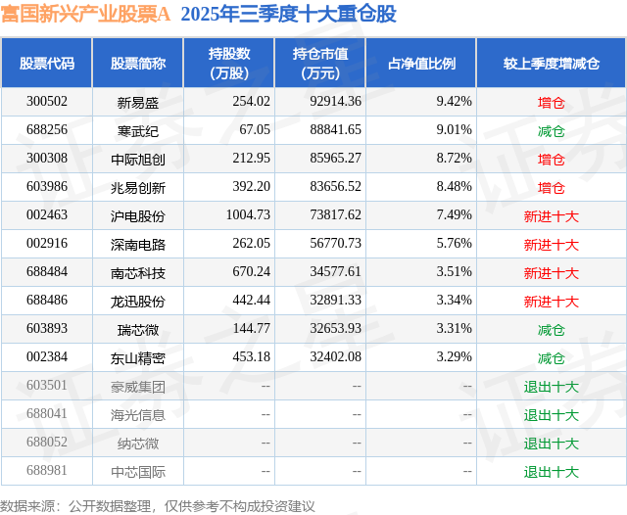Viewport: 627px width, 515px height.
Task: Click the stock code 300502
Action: (x=47, y=101)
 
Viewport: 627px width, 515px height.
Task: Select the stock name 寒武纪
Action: (x=137, y=130)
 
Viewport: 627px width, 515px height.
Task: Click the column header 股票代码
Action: (x=47, y=63)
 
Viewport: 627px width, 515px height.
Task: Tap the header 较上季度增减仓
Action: (x=551, y=63)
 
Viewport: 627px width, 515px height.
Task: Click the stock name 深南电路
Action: (x=137, y=244)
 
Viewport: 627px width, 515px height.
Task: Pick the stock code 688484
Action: (x=47, y=272)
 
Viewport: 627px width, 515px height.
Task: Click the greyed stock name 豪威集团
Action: (x=137, y=387)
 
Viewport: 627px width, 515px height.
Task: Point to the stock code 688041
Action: (x=47, y=415)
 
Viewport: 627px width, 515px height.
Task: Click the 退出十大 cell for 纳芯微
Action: (x=551, y=444)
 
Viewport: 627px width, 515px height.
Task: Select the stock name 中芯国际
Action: (x=137, y=472)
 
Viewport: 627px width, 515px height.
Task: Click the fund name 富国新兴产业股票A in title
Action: (x=84, y=15)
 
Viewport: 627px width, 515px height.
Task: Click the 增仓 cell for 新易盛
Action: (x=551, y=102)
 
